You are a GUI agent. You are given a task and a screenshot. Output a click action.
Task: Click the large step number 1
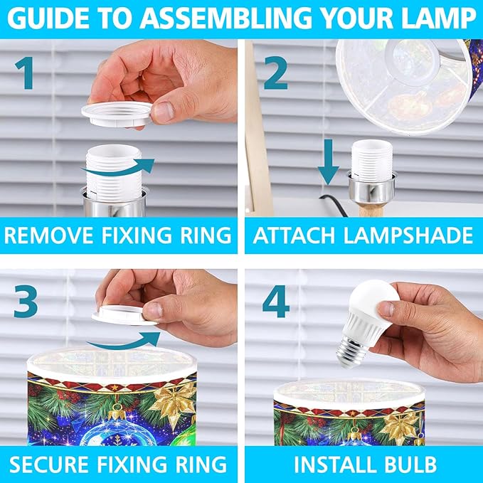(x=24, y=73)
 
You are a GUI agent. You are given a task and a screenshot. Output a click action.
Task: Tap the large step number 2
(x=275, y=73)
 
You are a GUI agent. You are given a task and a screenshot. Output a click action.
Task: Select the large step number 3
(x=26, y=301)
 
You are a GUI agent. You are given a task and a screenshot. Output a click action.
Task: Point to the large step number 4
(x=276, y=301)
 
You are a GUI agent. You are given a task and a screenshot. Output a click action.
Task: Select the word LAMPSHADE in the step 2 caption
(x=408, y=235)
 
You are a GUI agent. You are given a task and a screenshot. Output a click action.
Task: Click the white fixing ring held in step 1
(x=117, y=115)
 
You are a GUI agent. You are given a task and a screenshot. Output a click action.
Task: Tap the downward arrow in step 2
(x=329, y=161)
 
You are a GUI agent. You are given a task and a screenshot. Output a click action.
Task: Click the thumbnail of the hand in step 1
(x=164, y=112)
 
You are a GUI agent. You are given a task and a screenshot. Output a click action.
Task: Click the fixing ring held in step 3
(x=124, y=315)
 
